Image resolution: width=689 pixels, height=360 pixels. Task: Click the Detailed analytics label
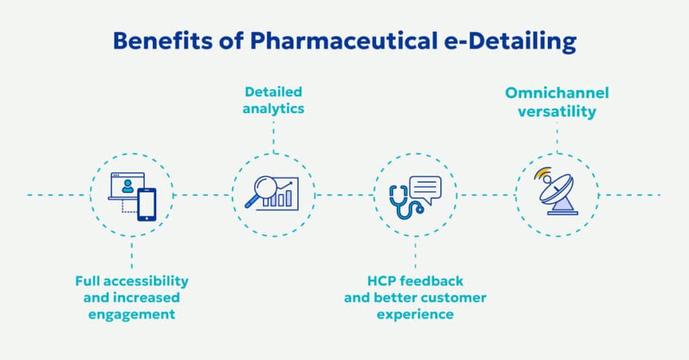click(x=274, y=99)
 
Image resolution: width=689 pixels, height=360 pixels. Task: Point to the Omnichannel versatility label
click(x=557, y=102)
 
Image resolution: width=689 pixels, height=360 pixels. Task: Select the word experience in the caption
click(x=415, y=314)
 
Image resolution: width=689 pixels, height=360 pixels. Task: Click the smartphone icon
click(x=147, y=204)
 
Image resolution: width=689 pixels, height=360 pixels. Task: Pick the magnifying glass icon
click(x=259, y=189)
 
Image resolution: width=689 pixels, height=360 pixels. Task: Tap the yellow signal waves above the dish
click(x=542, y=174)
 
